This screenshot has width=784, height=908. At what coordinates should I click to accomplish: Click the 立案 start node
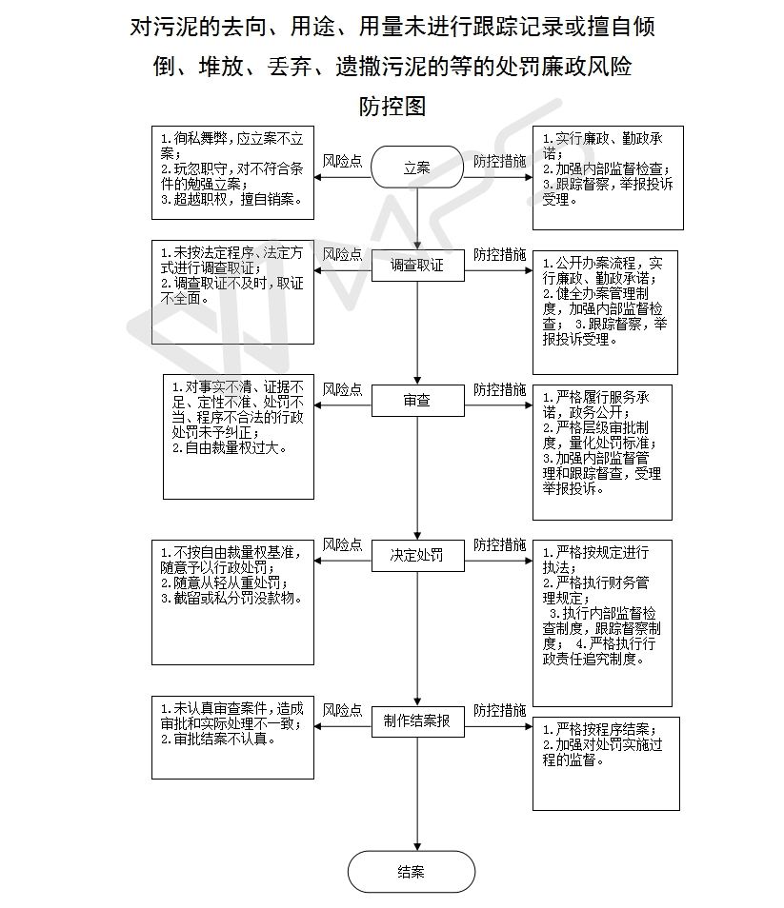coord(417,167)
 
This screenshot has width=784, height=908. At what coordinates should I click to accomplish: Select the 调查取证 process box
coord(418,266)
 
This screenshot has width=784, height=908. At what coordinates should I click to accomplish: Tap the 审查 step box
coord(418,400)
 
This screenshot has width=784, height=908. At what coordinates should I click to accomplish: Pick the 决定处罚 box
coord(418,555)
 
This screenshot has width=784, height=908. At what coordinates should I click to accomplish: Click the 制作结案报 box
coord(418,720)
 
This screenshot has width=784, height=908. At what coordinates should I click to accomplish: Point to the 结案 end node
coord(412,872)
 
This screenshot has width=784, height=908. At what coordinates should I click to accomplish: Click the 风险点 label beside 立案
coord(342,161)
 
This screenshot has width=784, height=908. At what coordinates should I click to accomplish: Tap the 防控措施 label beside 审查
coord(499,389)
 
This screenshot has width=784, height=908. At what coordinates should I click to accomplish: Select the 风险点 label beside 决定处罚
coord(342,545)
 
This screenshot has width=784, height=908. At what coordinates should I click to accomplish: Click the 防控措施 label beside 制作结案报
coord(499,711)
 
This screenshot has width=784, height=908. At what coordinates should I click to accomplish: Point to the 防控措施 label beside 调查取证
coord(499,255)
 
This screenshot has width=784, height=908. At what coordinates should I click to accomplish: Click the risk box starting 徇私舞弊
coord(233,172)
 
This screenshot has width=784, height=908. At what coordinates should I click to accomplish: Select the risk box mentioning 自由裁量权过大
coord(239,437)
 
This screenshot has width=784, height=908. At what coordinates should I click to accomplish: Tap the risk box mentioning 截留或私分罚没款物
coord(233,602)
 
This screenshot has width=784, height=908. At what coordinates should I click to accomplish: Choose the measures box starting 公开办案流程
coord(606,313)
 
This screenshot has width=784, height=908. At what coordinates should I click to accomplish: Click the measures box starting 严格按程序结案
coord(606,764)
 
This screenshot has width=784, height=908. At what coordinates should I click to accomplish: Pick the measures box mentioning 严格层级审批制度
coord(603,452)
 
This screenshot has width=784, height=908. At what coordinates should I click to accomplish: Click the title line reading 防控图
coord(392,107)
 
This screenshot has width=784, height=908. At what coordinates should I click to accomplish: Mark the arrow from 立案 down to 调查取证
coord(417,219)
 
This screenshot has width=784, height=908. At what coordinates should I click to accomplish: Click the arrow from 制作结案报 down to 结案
coord(417,794)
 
